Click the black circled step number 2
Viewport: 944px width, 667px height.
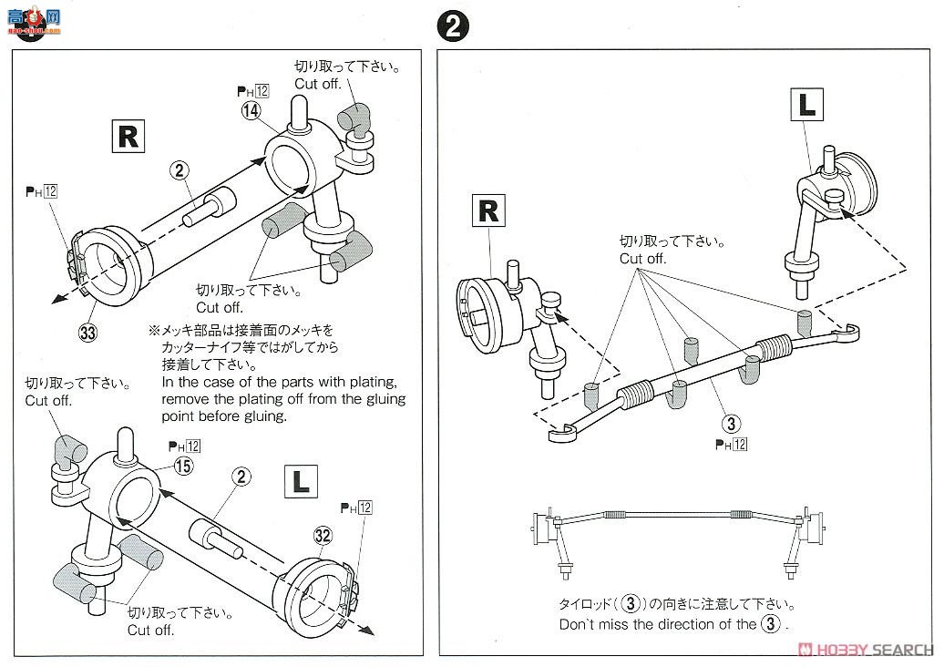coord(453,25)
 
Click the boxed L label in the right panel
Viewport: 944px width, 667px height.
coord(806,105)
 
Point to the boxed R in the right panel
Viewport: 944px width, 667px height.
coord(488,210)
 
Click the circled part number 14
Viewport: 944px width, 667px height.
coord(251,111)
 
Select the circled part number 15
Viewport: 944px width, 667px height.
coord(183,465)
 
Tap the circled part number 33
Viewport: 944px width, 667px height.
coord(87,332)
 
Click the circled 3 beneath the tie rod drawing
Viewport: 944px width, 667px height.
coord(731,423)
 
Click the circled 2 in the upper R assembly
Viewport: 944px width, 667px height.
coord(180,169)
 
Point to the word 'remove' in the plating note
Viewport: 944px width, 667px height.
coord(186,399)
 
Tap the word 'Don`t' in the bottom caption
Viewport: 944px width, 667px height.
coord(579,625)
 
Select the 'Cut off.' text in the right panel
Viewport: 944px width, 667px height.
coord(643,259)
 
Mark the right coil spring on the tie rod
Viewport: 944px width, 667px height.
coord(775,347)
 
